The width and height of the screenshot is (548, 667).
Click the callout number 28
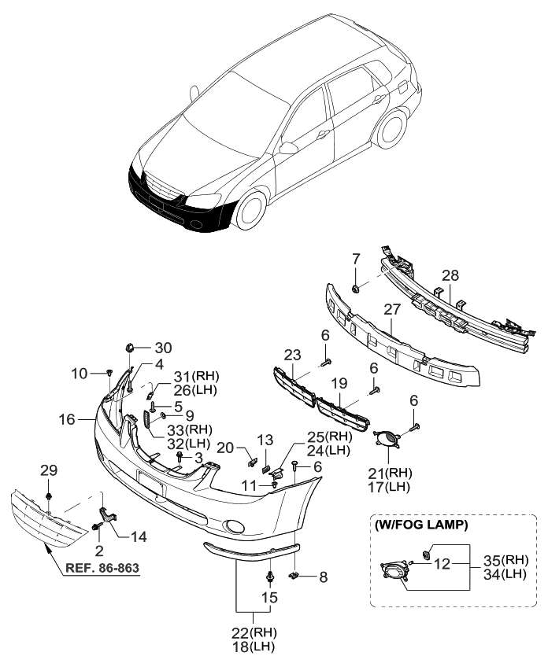450,275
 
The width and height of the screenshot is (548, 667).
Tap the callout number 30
162,348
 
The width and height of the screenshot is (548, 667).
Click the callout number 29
49,470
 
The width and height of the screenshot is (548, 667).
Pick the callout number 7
356,258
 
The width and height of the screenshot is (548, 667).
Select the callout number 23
293,355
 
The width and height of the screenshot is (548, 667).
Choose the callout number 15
269,597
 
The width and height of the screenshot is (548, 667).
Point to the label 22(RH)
255,632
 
